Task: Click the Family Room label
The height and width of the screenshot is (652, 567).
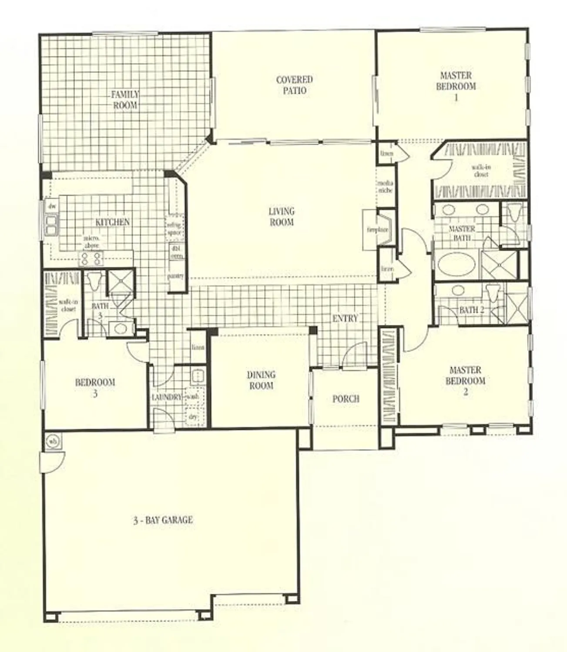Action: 125,100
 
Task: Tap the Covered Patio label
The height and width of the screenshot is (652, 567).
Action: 295,85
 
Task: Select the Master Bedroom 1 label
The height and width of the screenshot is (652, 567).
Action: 456,86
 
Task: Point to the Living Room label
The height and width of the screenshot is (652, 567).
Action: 281,216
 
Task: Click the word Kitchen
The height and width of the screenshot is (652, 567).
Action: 112,222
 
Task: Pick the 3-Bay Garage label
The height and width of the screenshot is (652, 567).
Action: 163,520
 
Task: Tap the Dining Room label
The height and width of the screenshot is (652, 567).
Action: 261,380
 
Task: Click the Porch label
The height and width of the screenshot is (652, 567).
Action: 346,399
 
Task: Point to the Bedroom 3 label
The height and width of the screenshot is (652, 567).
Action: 95,388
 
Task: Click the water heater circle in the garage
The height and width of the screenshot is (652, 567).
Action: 53,442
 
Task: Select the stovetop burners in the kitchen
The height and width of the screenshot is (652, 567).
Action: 91,259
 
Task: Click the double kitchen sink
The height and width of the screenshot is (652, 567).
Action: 52,226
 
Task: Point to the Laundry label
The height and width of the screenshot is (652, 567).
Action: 166,397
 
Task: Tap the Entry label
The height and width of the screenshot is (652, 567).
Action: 345,319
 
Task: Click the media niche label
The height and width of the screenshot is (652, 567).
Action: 385,186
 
